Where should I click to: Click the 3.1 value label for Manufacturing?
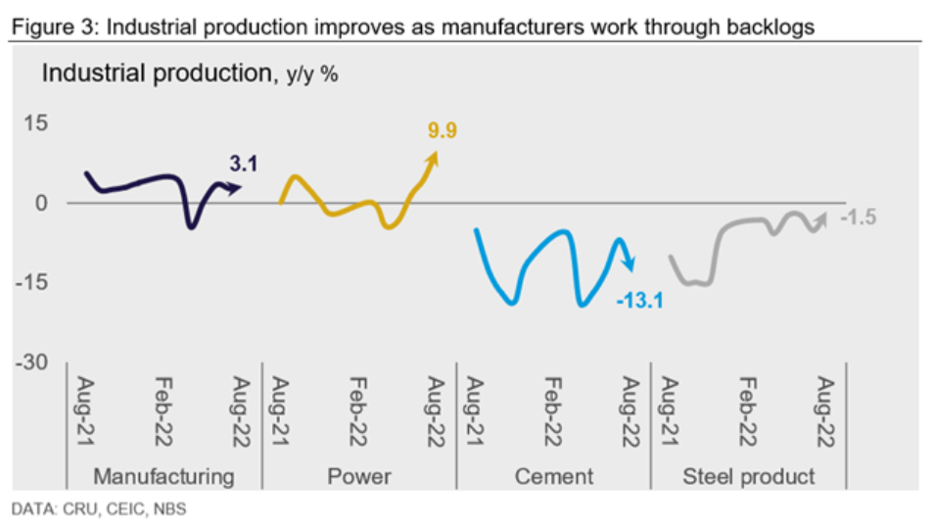(x=243, y=164)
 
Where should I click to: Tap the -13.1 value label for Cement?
(x=640, y=300)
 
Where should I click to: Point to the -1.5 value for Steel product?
(x=858, y=216)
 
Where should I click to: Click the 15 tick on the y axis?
(x=35, y=123)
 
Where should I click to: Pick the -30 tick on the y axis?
(x=31, y=362)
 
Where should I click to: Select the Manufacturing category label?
(x=163, y=477)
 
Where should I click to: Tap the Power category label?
(x=358, y=477)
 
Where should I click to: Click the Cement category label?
(x=554, y=477)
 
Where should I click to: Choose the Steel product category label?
(x=749, y=477)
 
